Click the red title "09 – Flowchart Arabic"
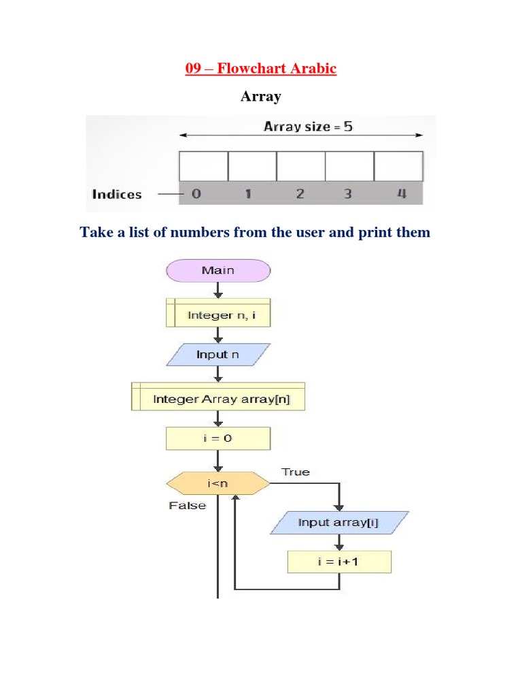261,69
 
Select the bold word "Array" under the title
261,97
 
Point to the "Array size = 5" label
308,127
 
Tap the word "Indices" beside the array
117,194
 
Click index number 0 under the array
196,194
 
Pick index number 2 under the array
300,194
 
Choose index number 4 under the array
401,194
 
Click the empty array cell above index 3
349,166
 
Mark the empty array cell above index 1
251,166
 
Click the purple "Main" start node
218,270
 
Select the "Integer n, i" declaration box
218,315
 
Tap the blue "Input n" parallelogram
218,355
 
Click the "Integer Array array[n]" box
218,399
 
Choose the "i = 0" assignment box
218,438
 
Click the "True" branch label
295,472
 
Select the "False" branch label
187,506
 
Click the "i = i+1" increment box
340,562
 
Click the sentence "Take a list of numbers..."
255,233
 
